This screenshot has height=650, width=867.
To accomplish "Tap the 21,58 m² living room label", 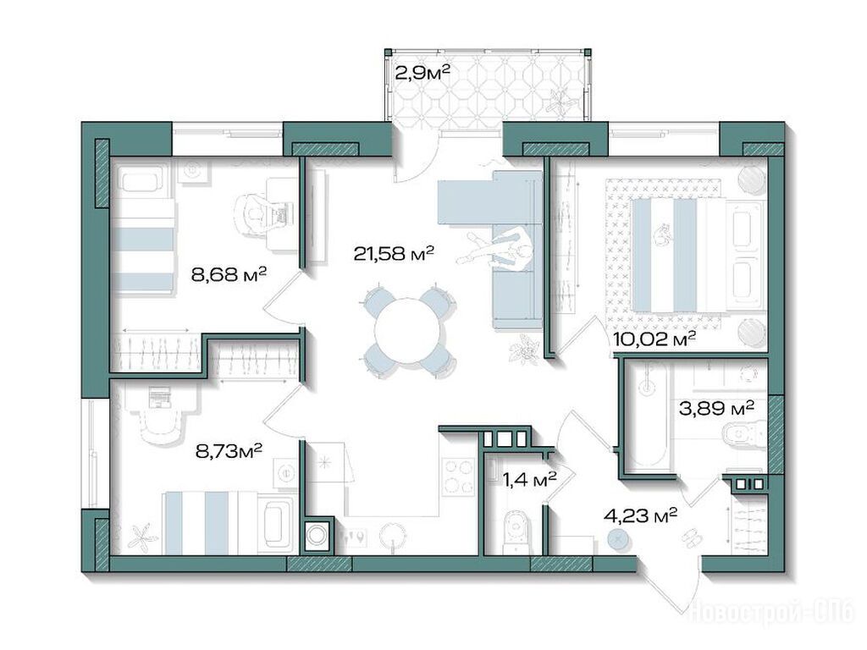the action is [x=394, y=253].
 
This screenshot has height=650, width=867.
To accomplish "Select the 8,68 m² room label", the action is [x=229, y=273].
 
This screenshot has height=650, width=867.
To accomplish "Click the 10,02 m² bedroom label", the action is [x=654, y=339].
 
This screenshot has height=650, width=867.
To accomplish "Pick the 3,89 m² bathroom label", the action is [x=716, y=409].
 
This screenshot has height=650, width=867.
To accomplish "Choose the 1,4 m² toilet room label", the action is [x=529, y=479].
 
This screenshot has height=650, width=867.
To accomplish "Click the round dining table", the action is [x=409, y=331].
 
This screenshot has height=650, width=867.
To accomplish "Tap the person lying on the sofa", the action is [x=500, y=248].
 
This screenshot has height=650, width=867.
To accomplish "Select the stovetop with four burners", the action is [x=460, y=476].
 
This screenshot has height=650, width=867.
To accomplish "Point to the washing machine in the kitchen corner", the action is [x=317, y=535].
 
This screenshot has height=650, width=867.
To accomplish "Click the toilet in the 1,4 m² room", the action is [x=516, y=532].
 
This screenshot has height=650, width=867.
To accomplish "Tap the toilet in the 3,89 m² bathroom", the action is [x=744, y=433].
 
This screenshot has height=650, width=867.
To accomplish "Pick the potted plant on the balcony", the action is [x=562, y=102].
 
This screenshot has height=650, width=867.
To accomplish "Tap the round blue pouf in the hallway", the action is [x=618, y=538].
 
